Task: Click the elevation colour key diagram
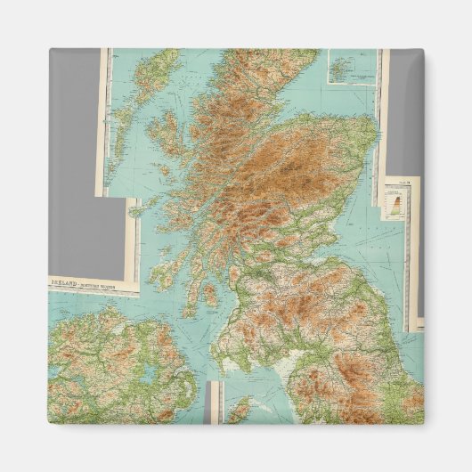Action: pos(394,204)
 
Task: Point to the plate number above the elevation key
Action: pos(406,183)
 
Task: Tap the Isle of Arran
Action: pos(210,294)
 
